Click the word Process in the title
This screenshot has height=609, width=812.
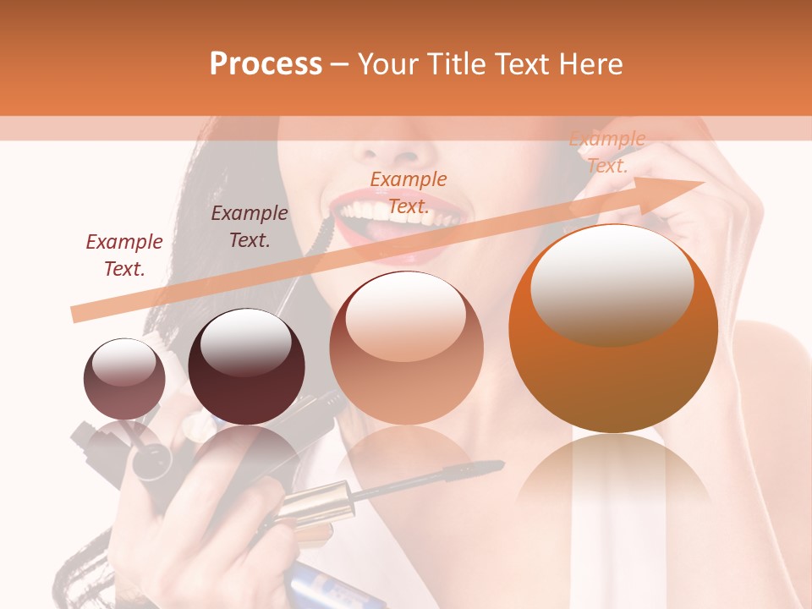point(266,64)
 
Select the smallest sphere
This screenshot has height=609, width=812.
point(124,379)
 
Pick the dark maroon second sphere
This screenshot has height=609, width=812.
point(246,367)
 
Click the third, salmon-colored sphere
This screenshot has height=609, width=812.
point(406,348)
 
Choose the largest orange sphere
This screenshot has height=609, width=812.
point(613,329)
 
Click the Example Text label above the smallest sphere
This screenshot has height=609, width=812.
point(124,255)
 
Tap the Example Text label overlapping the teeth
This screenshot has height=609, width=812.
point(409,193)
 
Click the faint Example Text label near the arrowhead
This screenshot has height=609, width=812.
point(607,152)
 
